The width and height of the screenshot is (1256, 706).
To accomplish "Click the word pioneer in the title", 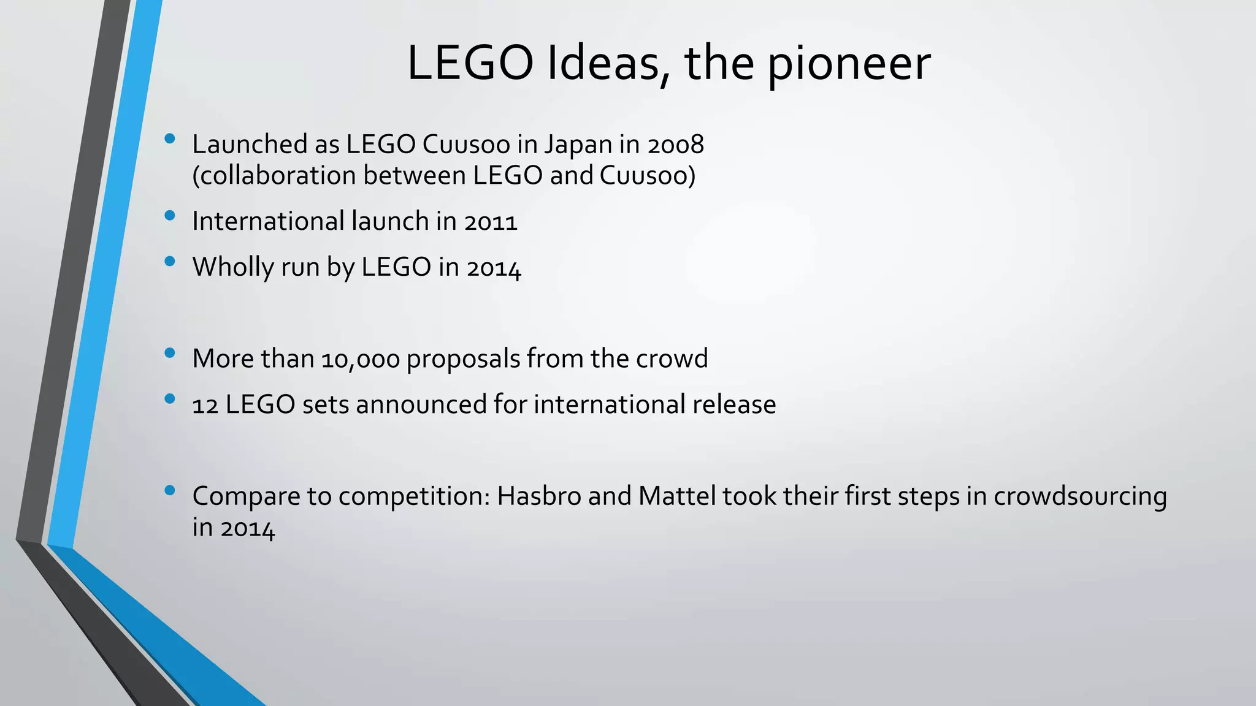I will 849,64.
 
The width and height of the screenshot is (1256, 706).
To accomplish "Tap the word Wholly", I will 233,267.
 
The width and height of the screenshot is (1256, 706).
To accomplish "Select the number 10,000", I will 361,359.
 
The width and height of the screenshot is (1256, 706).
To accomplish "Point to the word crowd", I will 672,359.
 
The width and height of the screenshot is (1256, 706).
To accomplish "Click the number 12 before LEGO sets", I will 205,405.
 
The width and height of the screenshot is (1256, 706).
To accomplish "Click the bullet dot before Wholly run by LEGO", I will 170,262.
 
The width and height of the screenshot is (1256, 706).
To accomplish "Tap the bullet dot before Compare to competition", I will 170,490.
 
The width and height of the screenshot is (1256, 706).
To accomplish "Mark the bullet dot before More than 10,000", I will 170,353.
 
